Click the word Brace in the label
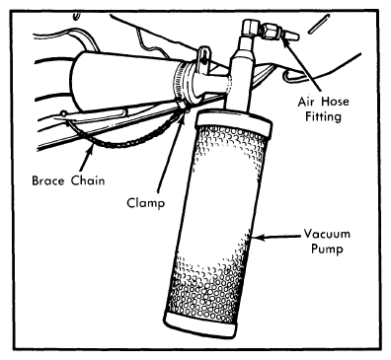click(48, 180)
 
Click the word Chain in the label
click(88, 180)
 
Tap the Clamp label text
click(145, 203)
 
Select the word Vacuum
click(327, 234)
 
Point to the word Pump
click(327, 249)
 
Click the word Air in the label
click(306, 102)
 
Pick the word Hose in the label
click(335, 102)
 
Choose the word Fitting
click(323, 116)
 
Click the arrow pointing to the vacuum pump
click(276, 237)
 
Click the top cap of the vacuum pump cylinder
click(233, 122)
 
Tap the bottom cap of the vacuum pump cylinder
click(199, 324)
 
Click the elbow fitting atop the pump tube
click(251, 29)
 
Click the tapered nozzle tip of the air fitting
click(291, 36)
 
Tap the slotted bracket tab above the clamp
click(204, 59)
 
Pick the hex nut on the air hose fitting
click(273, 32)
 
